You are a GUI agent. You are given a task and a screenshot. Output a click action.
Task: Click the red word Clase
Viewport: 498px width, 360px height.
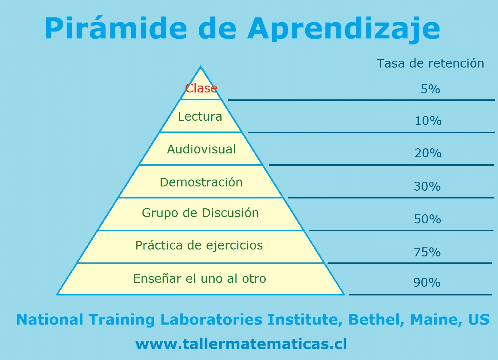pyautogui.click(x=201, y=88)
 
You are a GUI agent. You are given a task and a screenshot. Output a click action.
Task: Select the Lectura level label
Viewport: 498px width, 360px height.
pyautogui.click(x=200, y=116)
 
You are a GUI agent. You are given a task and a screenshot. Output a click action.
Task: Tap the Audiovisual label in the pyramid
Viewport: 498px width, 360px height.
pyautogui.click(x=201, y=149)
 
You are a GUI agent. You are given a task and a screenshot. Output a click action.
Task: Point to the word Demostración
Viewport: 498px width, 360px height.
pyautogui.click(x=201, y=182)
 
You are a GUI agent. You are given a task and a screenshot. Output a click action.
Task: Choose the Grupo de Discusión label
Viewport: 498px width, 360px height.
pyautogui.click(x=200, y=213)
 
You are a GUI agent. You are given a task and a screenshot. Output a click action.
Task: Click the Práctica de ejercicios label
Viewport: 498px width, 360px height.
pyautogui.click(x=199, y=246)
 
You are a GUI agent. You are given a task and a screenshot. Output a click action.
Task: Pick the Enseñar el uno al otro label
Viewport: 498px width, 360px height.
pyautogui.click(x=200, y=278)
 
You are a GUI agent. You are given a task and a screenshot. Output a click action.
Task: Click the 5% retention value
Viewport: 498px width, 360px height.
pyautogui.click(x=430, y=89)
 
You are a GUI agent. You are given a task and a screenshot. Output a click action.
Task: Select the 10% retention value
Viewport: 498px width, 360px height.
pyautogui.click(x=428, y=121)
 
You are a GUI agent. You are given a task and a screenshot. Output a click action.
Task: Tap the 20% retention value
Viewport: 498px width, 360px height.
pyautogui.click(x=428, y=153)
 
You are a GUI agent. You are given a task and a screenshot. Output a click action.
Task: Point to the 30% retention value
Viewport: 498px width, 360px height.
pyautogui.click(x=427, y=186)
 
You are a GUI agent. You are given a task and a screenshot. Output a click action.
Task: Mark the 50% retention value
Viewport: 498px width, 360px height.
pyautogui.click(x=427, y=219)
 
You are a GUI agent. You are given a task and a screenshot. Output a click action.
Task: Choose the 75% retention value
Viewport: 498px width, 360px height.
pyautogui.click(x=427, y=252)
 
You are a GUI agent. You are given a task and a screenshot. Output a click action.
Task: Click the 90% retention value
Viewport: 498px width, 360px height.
pyautogui.click(x=427, y=283)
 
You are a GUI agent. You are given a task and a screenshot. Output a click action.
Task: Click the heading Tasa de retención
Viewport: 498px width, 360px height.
pyautogui.click(x=430, y=63)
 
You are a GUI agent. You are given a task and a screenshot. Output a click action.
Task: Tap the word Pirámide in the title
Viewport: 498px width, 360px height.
pyautogui.click(x=116, y=28)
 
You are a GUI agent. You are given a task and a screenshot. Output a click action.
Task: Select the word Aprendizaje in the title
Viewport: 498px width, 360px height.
pyautogui.click(x=344, y=29)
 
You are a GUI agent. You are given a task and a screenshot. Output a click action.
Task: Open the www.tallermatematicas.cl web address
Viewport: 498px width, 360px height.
pyautogui.click(x=241, y=344)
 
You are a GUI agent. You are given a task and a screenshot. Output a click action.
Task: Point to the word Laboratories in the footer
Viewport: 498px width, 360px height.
pyautogui.click(x=211, y=319)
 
